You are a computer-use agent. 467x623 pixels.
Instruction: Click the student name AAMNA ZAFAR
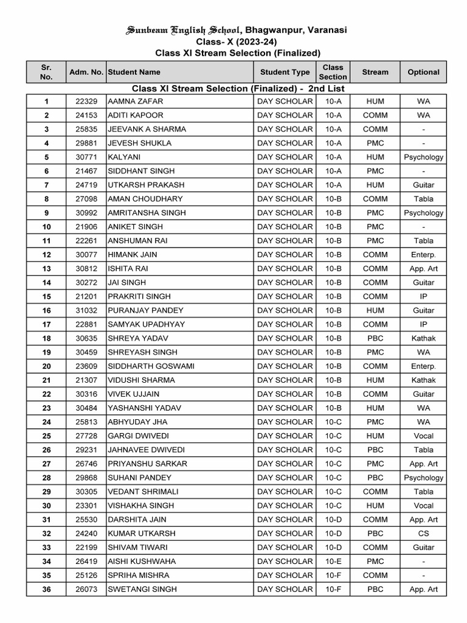(135, 101)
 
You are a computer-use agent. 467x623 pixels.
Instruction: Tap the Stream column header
(375, 72)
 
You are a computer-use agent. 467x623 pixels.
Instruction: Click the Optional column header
(423, 72)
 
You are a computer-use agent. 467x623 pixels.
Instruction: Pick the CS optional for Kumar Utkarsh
(423, 534)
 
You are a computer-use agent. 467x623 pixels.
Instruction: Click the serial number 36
(47, 589)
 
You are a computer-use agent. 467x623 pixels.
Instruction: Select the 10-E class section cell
(333, 561)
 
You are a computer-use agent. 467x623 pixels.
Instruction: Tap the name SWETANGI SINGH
(142, 589)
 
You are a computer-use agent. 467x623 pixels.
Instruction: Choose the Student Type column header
(285, 72)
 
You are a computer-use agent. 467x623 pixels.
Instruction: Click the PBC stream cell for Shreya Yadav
(375, 338)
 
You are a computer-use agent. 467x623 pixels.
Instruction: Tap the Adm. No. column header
(86, 72)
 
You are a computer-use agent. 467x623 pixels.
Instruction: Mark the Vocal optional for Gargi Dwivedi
(423, 436)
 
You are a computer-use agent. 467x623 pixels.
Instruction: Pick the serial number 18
(47, 338)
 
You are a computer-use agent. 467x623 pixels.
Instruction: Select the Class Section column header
(333, 72)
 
